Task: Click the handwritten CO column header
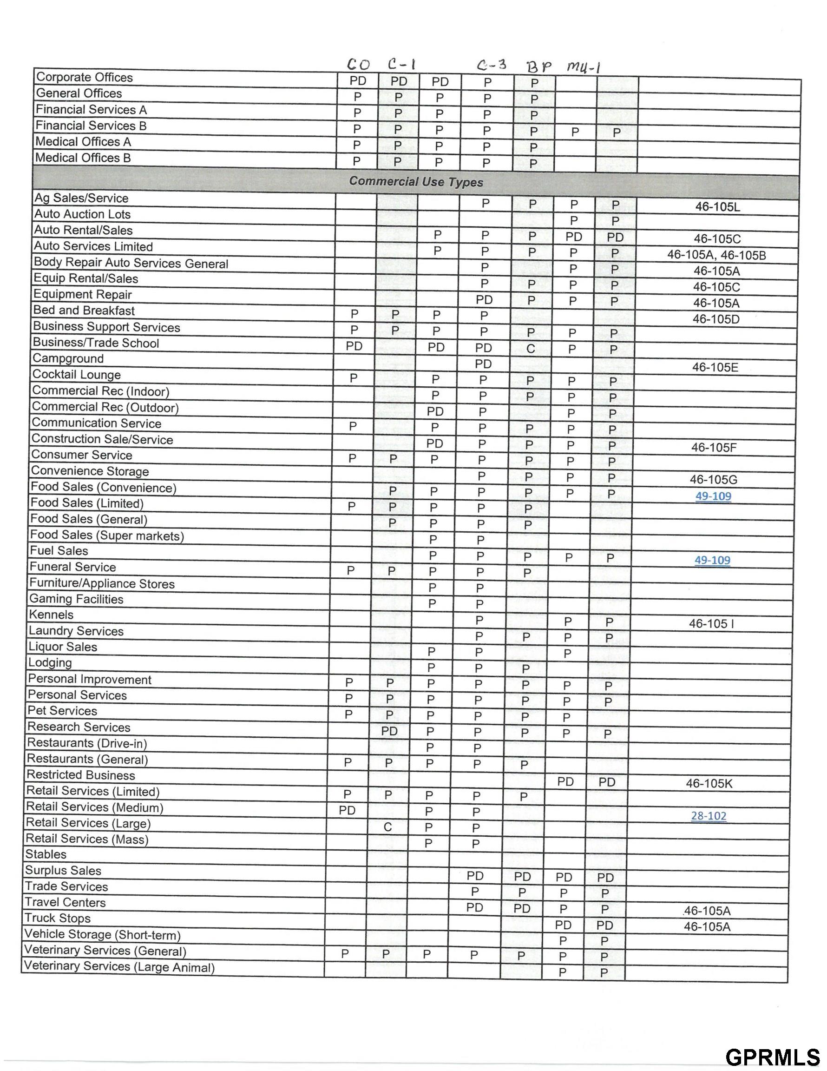(358, 65)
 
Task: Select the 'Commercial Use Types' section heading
(416, 182)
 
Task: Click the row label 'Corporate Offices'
(84, 78)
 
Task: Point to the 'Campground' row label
(68, 358)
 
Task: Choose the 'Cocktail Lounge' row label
(77, 375)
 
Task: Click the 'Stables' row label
(46, 854)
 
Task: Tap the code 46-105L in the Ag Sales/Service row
(717, 207)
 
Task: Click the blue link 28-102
(709, 816)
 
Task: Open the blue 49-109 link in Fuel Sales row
(712, 560)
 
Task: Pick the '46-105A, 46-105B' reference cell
(716, 255)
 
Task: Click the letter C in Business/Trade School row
(531, 349)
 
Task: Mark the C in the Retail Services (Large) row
(388, 828)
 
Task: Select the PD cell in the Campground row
(483, 364)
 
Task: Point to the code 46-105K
(709, 784)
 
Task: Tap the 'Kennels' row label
(51, 615)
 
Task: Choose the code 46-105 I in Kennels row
(711, 624)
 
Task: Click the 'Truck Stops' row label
(58, 918)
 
